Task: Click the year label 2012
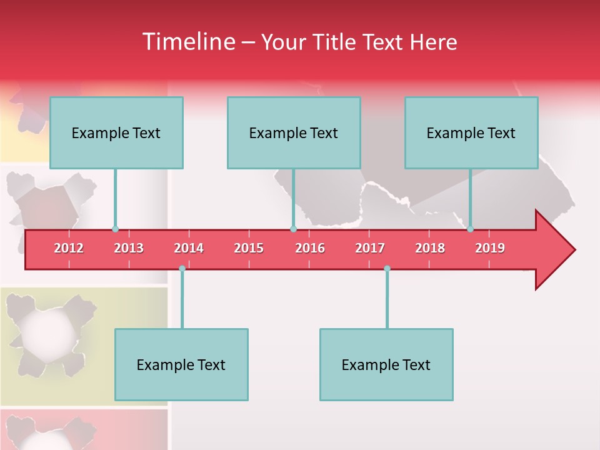point(69,248)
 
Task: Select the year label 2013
point(129,248)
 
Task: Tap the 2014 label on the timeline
point(189,248)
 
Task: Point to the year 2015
point(249,248)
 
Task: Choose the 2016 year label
point(310,248)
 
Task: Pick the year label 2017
point(370,248)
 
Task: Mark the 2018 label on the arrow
point(430,248)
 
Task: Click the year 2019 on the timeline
point(490,248)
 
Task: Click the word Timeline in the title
point(187,42)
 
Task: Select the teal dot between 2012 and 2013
point(115,229)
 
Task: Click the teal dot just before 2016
point(293,229)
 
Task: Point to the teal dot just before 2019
point(471,229)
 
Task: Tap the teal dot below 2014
point(182,269)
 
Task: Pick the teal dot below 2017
point(387,269)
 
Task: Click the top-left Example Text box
point(116,132)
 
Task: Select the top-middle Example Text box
point(294,132)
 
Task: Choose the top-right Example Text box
point(471,132)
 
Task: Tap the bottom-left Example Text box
point(181,364)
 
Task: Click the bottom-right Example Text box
point(386,364)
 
